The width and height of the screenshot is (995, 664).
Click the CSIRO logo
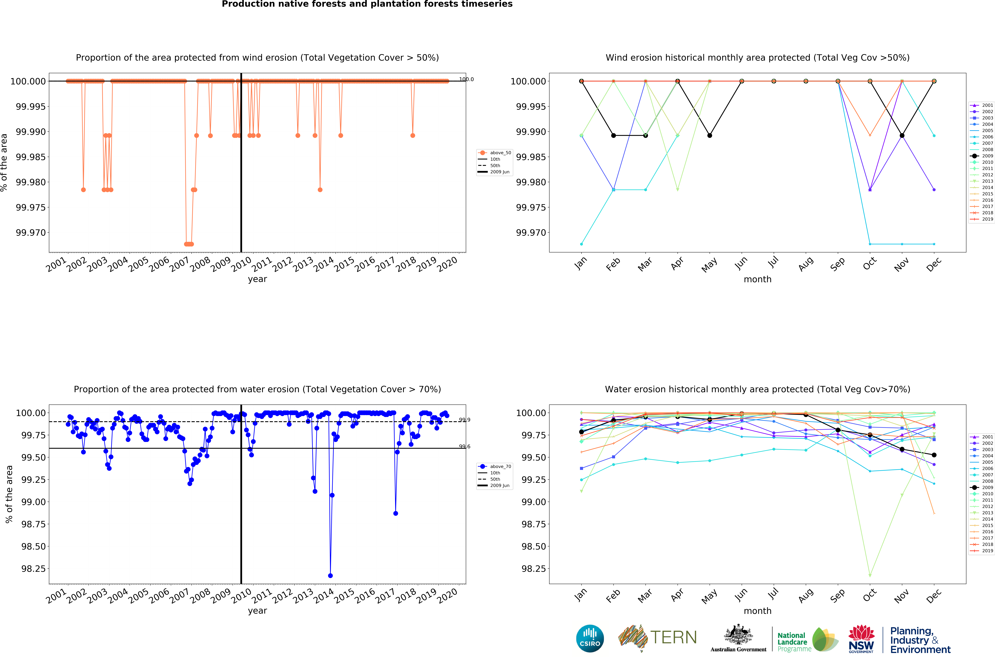[x=590, y=639]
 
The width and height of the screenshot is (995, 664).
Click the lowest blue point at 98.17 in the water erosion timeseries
[x=330, y=576]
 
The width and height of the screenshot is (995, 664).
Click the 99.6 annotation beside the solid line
[x=464, y=446]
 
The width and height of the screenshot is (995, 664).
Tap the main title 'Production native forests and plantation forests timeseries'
[x=367, y=4]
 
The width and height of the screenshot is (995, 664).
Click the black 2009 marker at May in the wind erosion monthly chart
[x=710, y=135]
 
